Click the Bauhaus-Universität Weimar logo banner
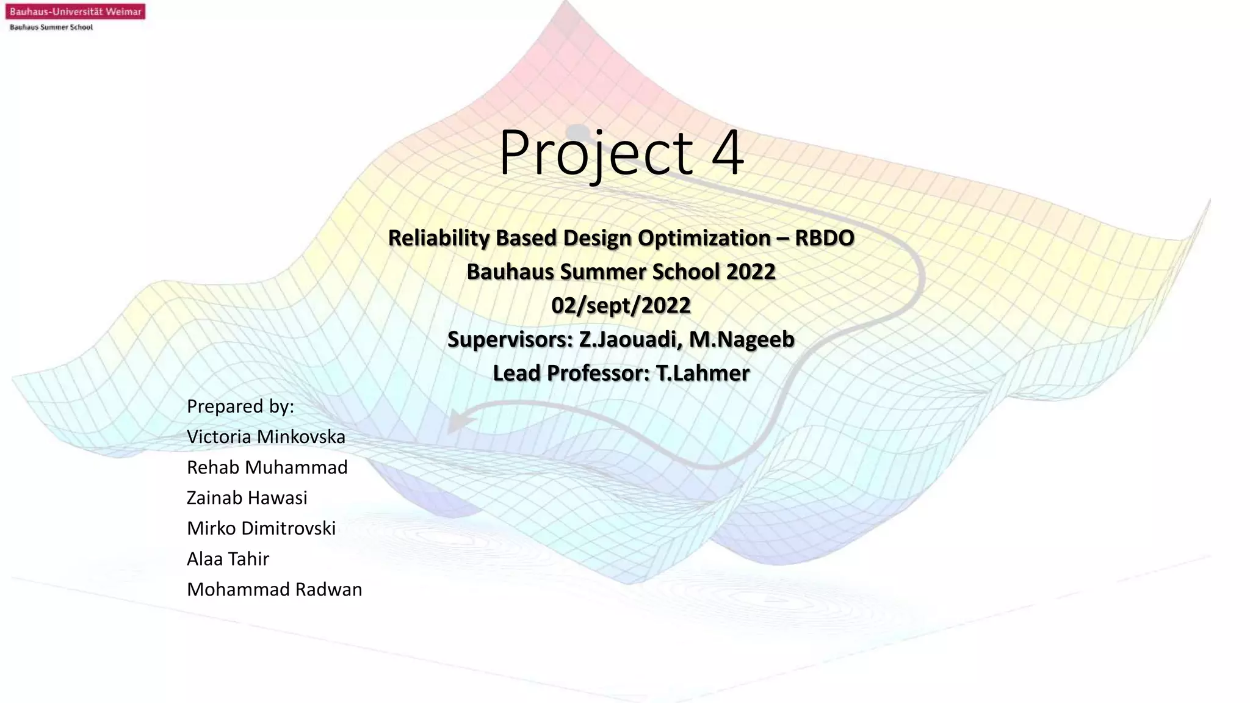click(75, 12)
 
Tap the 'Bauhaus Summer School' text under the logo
click(51, 27)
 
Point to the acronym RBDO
click(824, 237)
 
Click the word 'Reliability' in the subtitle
click(439, 237)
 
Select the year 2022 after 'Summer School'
click(750, 272)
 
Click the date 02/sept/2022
click(621, 305)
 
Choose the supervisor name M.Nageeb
click(742, 339)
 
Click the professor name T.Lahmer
click(703, 373)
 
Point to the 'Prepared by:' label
click(240, 406)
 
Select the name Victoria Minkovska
click(266, 437)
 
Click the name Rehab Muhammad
click(267, 467)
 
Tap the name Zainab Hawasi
click(247, 498)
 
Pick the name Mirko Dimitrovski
click(261, 528)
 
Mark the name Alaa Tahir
click(228, 559)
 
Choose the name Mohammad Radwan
click(275, 589)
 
